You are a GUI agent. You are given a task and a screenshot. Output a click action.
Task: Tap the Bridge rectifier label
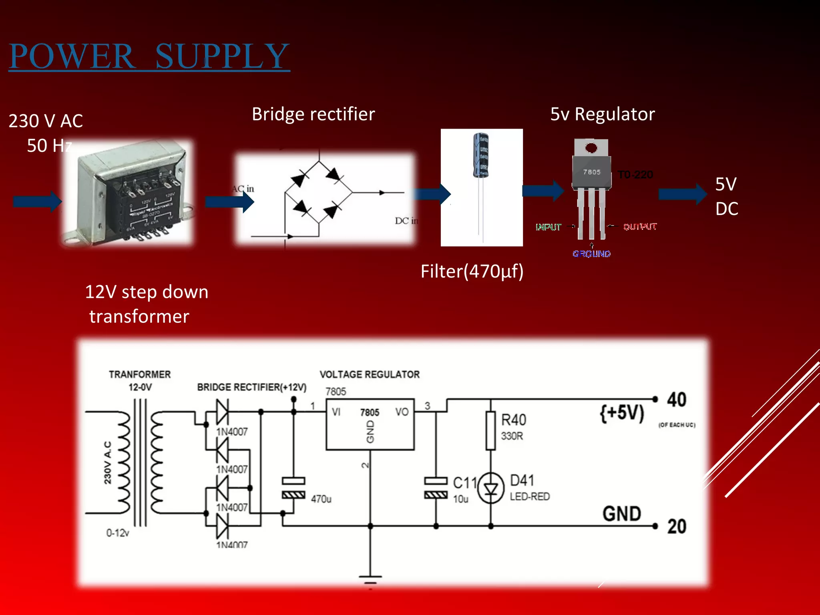[x=313, y=115]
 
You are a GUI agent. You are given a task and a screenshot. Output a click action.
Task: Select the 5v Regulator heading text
[x=602, y=115]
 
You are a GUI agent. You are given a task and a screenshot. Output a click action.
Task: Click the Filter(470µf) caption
[x=472, y=271]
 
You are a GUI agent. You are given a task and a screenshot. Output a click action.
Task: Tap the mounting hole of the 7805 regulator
[x=591, y=148]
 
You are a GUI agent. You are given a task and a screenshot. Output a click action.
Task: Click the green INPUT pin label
[x=549, y=227]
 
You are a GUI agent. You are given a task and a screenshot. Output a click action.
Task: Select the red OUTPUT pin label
[x=640, y=227]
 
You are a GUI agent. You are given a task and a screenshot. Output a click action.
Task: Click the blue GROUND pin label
[x=591, y=254]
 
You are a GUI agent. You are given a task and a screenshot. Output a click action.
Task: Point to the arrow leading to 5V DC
[x=682, y=194]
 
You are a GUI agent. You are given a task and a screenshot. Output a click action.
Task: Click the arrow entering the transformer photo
[x=37, y=201]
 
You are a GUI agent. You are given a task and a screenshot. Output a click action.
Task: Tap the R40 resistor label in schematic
[x=514, y=420]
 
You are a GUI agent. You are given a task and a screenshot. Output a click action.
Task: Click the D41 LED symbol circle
[x=491, y=488]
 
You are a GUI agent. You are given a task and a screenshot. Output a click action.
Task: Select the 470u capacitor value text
[x=321, y=499]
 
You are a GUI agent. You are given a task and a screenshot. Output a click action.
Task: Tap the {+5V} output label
[x=622, y=413]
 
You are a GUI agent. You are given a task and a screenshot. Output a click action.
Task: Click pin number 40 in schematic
[x=676, y=400]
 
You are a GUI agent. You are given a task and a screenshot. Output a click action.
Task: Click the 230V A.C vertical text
[x=108, y=463]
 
